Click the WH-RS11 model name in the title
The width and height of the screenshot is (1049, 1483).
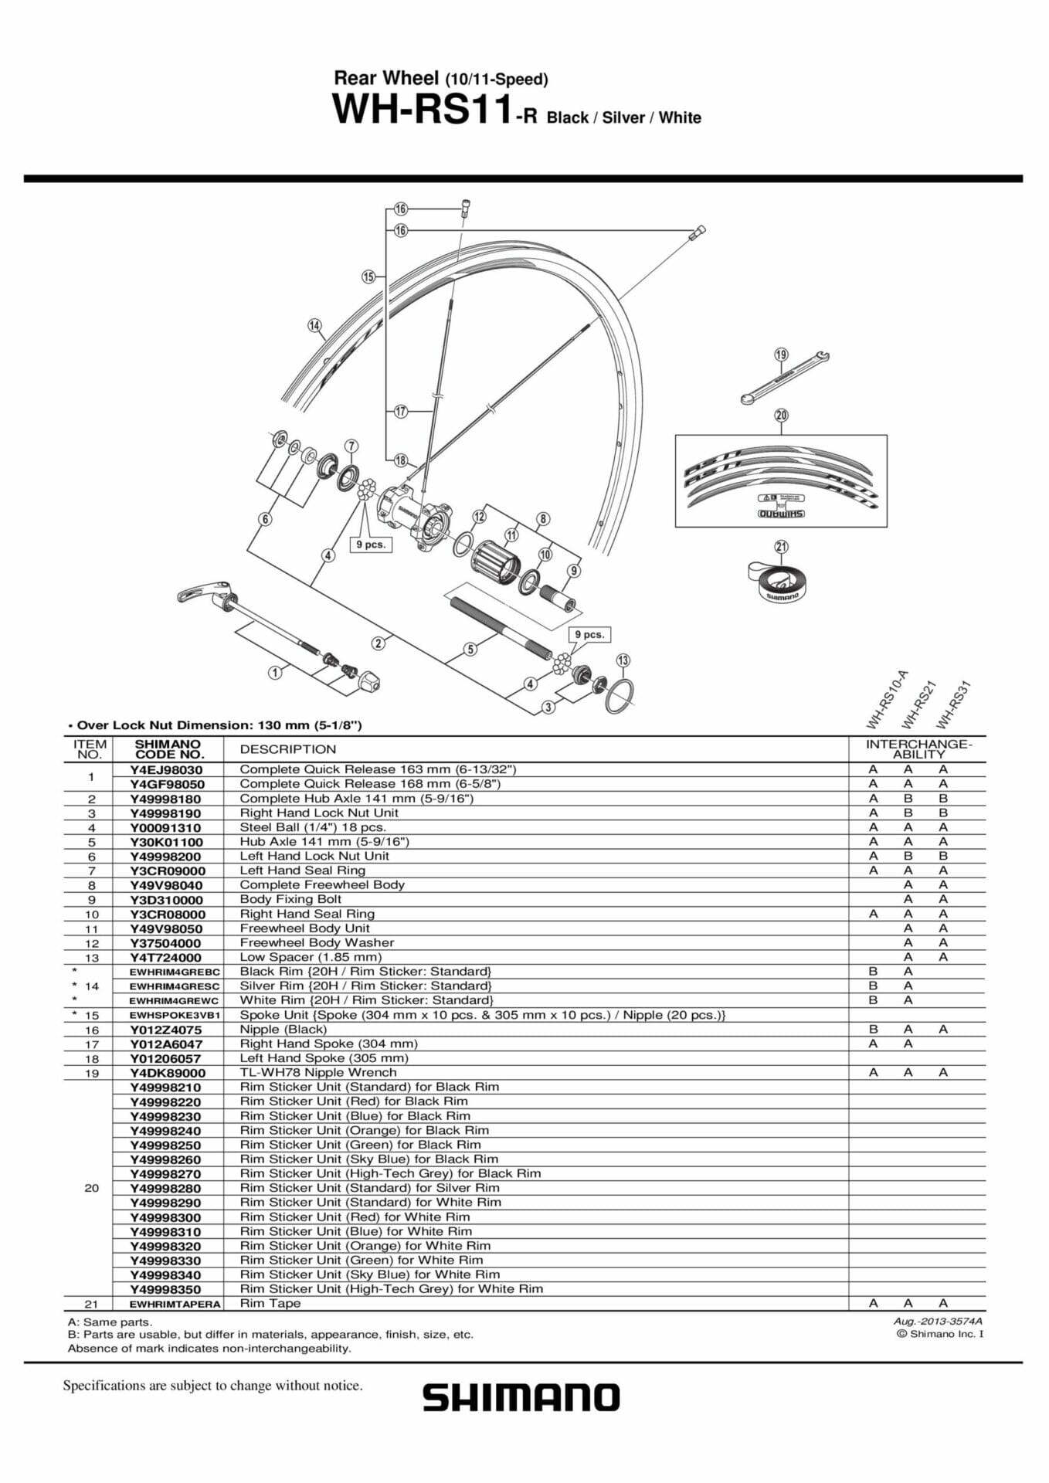point(422,110)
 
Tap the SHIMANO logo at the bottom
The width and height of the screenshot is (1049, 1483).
point(521,1398)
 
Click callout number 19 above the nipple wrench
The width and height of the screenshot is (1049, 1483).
point(781,355)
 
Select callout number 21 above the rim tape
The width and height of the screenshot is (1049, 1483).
point(781,547)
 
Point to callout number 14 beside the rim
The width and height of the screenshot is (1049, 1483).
point(314,325)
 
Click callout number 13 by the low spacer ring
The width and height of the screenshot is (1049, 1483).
point(623,660)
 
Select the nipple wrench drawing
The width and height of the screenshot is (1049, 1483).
point(783,378)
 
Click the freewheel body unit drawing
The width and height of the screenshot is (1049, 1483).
point(495,560)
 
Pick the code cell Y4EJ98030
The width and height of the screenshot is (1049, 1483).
point(166,769)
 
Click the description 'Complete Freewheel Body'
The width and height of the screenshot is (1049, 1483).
point(321,884)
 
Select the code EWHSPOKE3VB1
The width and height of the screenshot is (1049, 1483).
point(175,1015)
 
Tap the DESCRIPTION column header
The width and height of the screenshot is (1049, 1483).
point(287,749)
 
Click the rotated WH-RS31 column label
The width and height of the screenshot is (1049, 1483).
point(952,704)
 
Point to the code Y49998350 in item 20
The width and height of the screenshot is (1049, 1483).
point(165,1289)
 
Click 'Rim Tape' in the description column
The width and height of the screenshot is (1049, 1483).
point(270,1303)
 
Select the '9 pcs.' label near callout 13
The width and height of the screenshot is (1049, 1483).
point(590,634)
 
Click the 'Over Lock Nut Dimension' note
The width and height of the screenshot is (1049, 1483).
point(215,725)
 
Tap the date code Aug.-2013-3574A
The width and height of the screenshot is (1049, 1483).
point(937,1321)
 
